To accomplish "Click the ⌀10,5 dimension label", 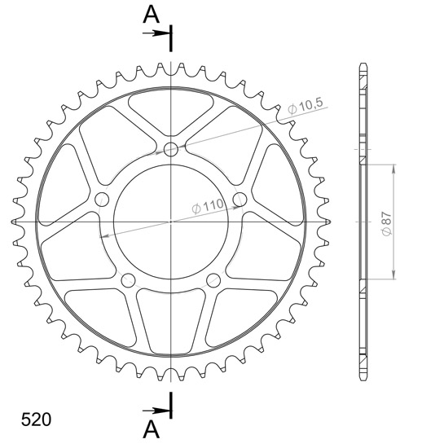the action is (306, 106).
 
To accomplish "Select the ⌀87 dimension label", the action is (387, 224).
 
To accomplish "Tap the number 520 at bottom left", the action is (37, 419).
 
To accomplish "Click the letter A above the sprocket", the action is (152, 15).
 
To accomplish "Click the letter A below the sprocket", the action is (152, 430).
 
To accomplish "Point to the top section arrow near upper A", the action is (156, 33).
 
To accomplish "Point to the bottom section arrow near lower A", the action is (156, 411).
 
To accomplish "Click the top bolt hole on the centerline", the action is (171, 149).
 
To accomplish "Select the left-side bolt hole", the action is (102, 200).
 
